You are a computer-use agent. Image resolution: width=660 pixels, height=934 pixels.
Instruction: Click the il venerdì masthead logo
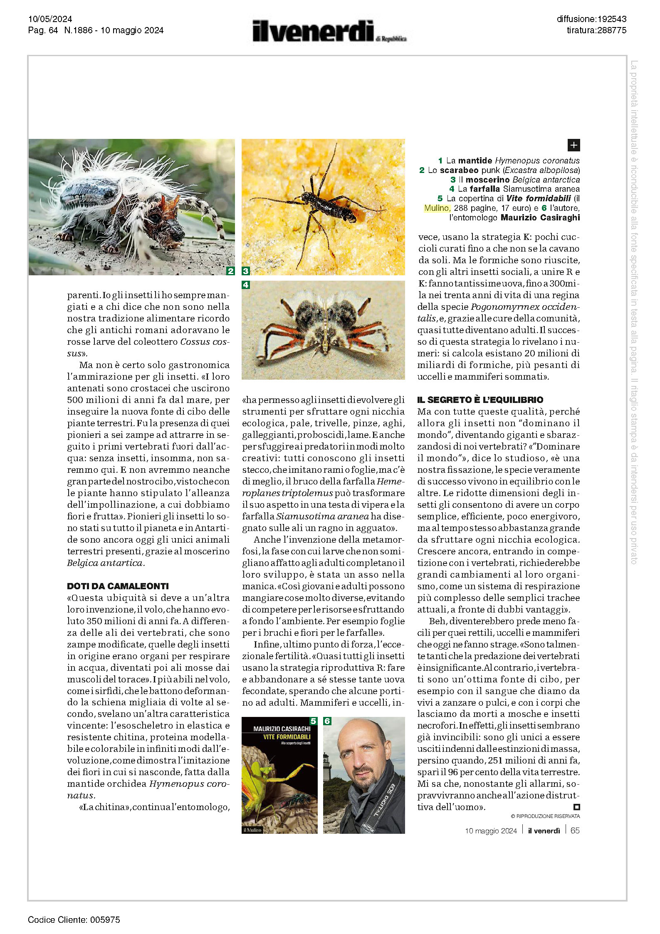pos(329,31)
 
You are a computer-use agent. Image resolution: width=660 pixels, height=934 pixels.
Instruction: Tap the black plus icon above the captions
pos(573,145)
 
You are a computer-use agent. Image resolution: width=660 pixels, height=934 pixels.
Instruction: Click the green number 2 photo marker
pos(230,271)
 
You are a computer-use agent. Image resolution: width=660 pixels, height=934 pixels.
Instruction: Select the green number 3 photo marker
pos(246,271)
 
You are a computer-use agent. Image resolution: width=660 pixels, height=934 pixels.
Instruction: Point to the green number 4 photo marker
pos(246,285)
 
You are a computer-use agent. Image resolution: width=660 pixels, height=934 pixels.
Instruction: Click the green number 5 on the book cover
pos(314,721)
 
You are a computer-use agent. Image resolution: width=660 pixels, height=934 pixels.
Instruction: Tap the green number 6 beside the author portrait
pos(327,721)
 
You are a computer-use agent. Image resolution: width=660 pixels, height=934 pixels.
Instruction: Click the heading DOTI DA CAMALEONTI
pos(118,586)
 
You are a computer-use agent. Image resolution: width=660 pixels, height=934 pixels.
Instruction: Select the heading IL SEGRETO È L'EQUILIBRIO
pos(480,400)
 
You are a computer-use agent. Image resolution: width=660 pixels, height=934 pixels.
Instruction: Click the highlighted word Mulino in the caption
pos(437,208)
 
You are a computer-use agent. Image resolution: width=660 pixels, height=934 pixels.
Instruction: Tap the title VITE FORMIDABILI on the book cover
pos(287,737)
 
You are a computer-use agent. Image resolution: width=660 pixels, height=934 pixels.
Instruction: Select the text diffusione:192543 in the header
pos(591,19)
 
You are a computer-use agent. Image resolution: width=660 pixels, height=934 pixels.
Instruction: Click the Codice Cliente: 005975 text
pos(74,919)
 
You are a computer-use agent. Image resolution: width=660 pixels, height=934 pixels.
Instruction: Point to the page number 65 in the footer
pos(575,830)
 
